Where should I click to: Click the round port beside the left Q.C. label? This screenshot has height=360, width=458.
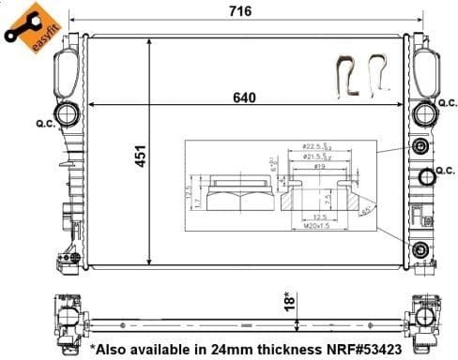coord(69,116)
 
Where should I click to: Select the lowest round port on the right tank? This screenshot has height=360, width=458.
coord(421,248)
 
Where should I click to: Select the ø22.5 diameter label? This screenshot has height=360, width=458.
coord(313,147)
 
